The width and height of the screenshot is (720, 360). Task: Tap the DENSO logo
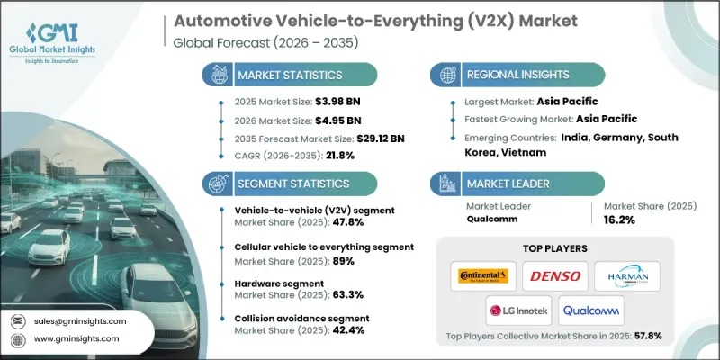click(557, 274)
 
